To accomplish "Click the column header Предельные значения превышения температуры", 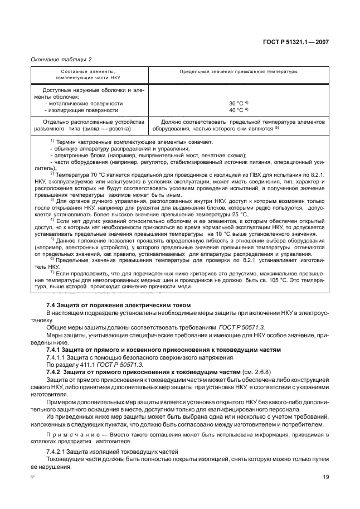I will coord(238,72).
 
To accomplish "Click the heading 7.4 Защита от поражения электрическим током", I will coord(119,305).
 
